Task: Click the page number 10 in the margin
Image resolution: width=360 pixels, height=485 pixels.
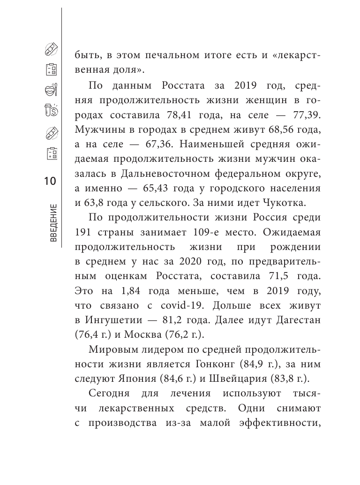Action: (50, 181)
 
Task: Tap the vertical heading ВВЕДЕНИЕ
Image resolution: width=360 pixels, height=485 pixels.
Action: (52, 222)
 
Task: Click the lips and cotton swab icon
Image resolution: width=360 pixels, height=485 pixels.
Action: (50, 90)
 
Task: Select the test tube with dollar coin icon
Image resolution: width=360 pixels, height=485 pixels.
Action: (51, 110)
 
